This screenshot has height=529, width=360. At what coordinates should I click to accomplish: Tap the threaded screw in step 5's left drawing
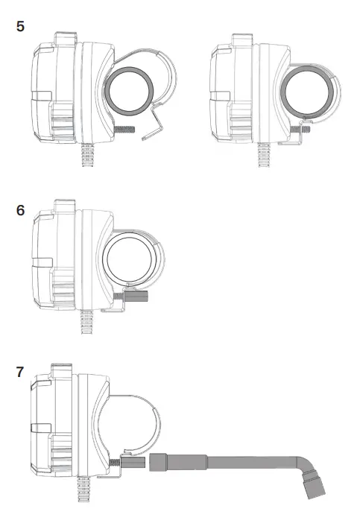pos(129,131)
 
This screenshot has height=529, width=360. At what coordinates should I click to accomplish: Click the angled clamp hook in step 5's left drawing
pos(155,121)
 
